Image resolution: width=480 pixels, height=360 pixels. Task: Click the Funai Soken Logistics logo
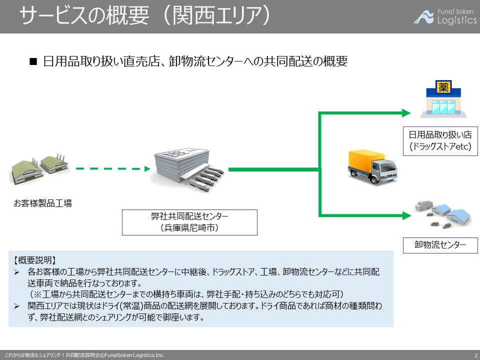445,16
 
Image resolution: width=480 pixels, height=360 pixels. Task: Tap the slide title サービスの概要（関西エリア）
145,16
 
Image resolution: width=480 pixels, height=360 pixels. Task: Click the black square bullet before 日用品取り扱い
34,62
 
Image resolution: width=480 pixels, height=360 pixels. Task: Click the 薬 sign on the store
443,88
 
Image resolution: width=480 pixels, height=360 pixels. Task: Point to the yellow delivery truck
372,166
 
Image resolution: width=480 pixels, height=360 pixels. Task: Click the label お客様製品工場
43,203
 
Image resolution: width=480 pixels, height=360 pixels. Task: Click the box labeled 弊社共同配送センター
189,222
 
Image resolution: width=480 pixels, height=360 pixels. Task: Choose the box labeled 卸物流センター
440,245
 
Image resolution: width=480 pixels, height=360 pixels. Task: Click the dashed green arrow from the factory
112,169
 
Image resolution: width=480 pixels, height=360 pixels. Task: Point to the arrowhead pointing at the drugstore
406,113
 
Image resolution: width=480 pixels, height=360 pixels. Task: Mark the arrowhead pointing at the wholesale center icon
406,215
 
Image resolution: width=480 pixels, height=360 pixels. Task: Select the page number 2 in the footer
475,355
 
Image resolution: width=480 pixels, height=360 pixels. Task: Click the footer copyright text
85,355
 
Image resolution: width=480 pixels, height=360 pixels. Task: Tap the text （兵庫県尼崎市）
189,228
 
